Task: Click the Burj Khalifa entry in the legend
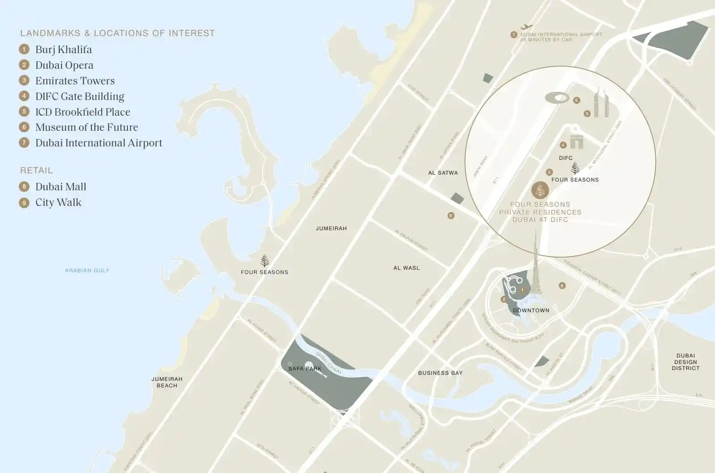tap(63, 50)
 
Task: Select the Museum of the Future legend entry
tap(86, 128)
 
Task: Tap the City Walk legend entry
tap(58, 203)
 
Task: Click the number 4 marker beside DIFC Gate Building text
tap(24, 96)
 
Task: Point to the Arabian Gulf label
tap(87, 270)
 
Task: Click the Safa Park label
tap(305, 369)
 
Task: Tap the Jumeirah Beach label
tap(167, 382)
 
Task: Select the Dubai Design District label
tap(686, 362)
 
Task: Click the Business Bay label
tap(440, 373)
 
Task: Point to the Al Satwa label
tap(443, 173)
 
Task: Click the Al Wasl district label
tap(406, 268)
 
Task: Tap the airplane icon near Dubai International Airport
tap(527, 27)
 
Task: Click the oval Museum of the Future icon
tap(557, 98)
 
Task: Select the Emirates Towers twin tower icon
tap(601, 103)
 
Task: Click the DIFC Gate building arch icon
tap(576, 142)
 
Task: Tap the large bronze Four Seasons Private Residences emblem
tap(540, 191)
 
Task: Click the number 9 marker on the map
tap(451, 216)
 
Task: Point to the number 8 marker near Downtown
tap(562, 286)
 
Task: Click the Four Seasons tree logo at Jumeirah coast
tap(265, 260)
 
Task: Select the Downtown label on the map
tap(531, 311)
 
